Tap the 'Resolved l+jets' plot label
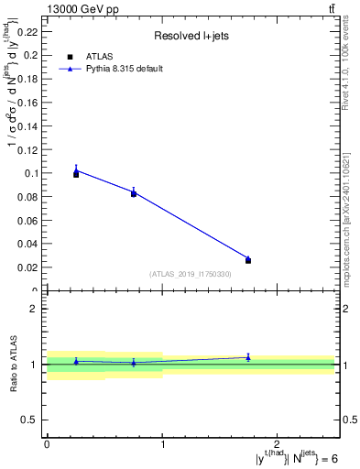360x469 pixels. tap(190, 37)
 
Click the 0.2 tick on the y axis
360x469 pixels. tap(32, 55)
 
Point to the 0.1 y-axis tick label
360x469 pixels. tap(32, 173)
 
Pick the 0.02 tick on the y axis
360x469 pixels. tap(29, 267)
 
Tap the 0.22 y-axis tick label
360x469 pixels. tap(29, 31)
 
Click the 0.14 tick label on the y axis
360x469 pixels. tap(29, 125)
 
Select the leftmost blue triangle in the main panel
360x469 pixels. tap(76, 169)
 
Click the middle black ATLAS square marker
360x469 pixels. tap(134, 194)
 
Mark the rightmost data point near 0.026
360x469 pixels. tap(248, 260)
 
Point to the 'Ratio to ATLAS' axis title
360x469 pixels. tap(15, 365)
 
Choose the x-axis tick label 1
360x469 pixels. tap(162, 444)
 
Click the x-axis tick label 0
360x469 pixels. tap(47, 444)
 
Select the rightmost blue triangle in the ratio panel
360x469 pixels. tap(248, 357)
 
